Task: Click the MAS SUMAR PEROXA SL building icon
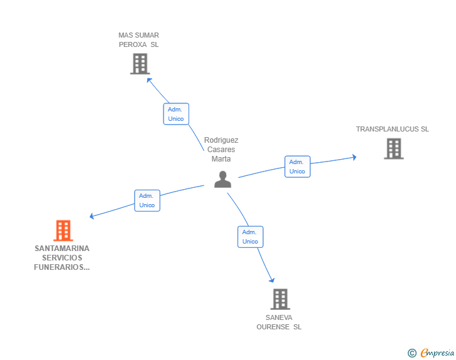(x=140, y=64)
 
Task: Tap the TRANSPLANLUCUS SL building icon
(x=393, y=148)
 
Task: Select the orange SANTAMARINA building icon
(x=63, y=230)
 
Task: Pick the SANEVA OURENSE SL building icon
(x=280, y=299)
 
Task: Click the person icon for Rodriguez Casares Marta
(x=222, y=180)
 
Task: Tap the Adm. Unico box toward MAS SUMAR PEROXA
(x=175, y=114)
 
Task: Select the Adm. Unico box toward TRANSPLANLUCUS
(x=298, y=167)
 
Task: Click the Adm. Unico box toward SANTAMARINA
(x=147, y=200)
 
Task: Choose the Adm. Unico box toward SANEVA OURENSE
(x=250, y=237)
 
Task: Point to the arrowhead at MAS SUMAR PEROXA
(x=149, y=80)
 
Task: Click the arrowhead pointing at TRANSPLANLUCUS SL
(x=354, y=157)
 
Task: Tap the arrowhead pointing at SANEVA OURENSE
(x=272, y=280)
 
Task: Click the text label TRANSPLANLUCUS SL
(x=392, y=129)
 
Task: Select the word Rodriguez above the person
(x=221, y=140)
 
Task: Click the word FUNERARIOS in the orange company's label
(x=61, y=267)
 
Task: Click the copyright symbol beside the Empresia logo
(x=412, y=353)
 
